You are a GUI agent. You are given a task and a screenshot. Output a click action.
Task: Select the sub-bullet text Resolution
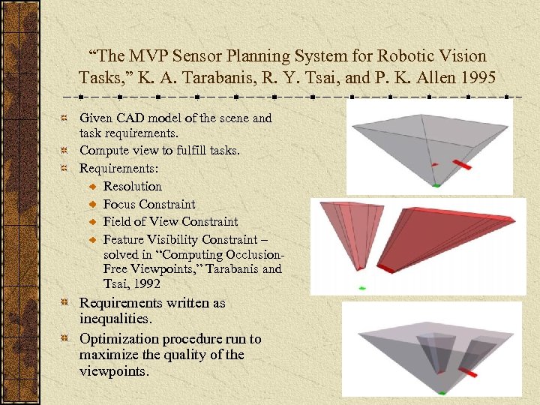(x=133, y=186)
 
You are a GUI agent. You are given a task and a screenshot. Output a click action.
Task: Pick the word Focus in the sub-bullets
(x=118, y=204)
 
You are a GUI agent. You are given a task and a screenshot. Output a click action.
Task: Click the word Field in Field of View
(x=117, y=222)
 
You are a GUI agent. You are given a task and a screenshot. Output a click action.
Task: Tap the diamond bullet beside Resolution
(x=92, y=187)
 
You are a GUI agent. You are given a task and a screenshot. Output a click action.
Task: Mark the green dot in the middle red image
(x=361, y=288)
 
